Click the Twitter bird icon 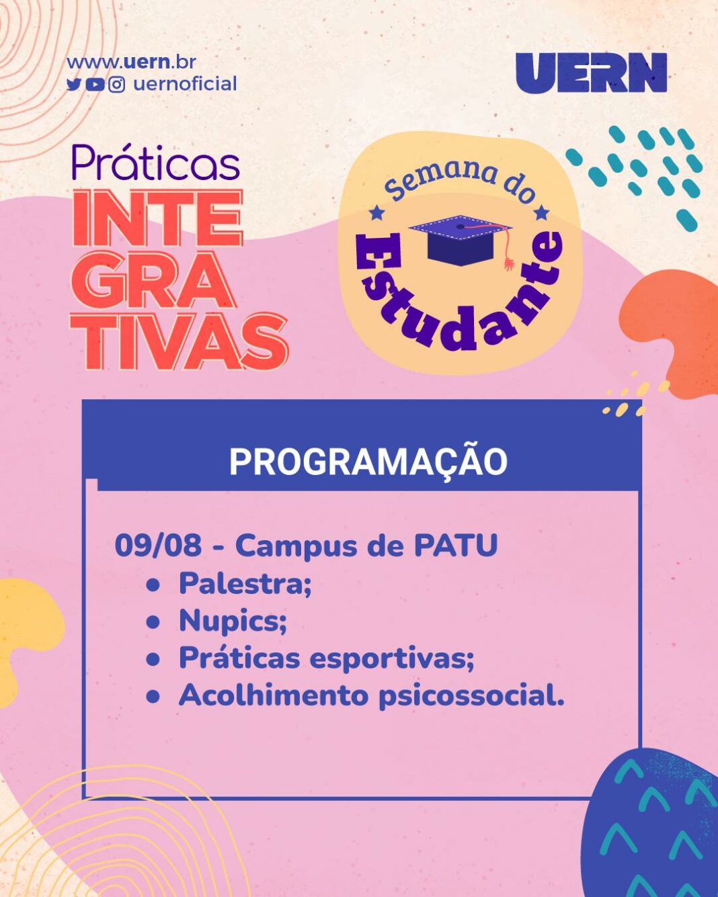(73, 85)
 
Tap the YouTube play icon (95, 85)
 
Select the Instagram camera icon (117, 85)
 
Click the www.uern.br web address (131, 62)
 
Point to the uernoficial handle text (186, 84)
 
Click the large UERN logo (591, 73)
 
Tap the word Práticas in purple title (156, 163)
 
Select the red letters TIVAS (179, 342)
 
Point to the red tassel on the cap (508, 255)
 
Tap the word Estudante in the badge (459, 300)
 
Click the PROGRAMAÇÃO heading (368, 462)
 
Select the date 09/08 (158, 545)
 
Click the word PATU (456, 545)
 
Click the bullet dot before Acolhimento (153, 697)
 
